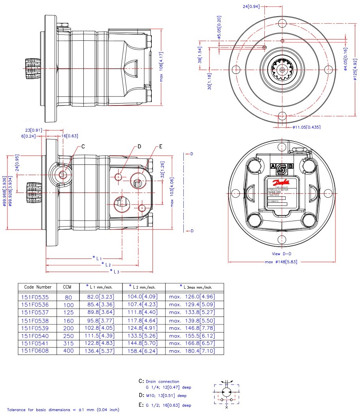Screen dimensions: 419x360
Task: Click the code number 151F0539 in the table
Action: click(x=36, y=328)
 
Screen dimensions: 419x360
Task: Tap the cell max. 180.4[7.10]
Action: click(x=192, y=351)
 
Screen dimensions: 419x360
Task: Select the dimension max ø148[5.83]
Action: click(x=281, y=262)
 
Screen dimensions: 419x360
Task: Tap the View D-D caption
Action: click(x=281, y=254)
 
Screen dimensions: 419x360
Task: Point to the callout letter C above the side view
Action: click(x=83, y=147)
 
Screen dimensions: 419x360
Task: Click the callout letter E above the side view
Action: click(x=161, y=147)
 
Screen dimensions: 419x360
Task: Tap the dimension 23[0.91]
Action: click(x=34, y=130)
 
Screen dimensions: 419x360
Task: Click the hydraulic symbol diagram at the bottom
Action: click(x=226, y=393)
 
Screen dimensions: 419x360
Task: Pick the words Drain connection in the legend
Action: click(x=162, y=382)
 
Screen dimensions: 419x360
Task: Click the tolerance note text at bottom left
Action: click(x=63, y=410)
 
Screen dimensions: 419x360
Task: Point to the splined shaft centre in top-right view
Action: click(x=282, y=70)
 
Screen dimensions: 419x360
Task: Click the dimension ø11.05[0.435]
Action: click(x=307, y=128)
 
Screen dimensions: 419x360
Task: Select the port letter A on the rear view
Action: click(x=273, y=166)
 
